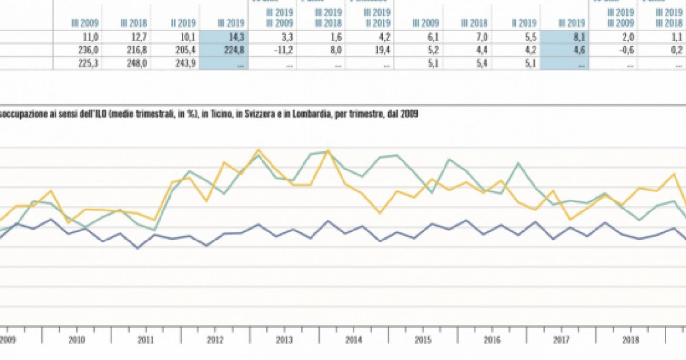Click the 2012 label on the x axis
[x=215, y=340]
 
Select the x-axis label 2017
[x=562, y=340]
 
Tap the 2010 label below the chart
[x=77, y=340]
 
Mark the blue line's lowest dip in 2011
[x=138, y=248]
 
